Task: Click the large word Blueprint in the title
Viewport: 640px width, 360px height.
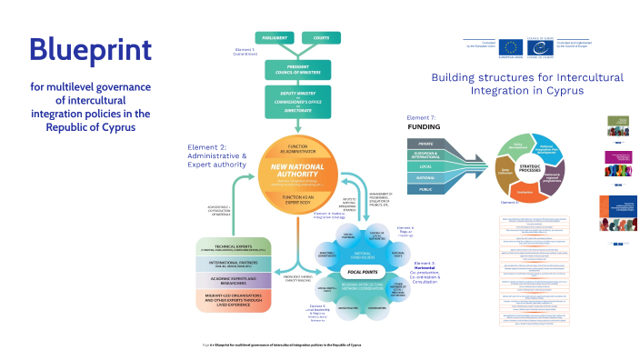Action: [89, 49]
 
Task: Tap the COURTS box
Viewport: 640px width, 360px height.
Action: [322, 37]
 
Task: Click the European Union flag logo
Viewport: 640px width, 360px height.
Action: [509, 45]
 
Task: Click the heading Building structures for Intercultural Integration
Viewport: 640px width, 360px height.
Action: [526, 85]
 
